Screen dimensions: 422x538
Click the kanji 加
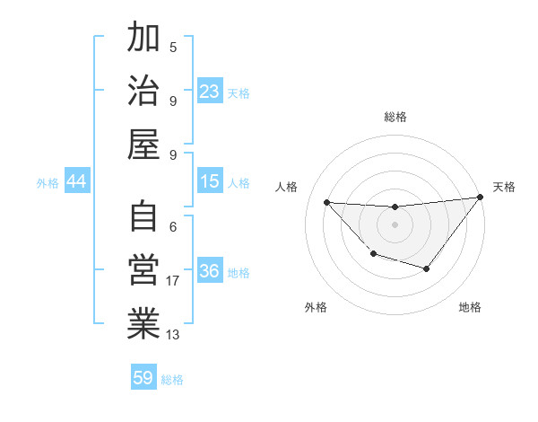point(143,39)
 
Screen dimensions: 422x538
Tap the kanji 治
point(143,91)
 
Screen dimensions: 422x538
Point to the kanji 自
point(143,217)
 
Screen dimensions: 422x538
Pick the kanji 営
point(143,270)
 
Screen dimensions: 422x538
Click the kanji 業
point(143,324)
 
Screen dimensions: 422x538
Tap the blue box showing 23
point(210,92)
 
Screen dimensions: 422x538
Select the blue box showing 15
point(210,181)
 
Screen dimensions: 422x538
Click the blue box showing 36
point(210,271)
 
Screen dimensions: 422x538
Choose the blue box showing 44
point(77,181)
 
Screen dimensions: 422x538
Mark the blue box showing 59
point(143,378)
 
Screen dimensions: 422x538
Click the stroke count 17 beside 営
point(173,281)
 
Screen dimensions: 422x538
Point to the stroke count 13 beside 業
point(173,335)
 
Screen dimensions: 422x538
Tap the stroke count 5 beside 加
point(173,47)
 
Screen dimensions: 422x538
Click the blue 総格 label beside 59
point(172,380)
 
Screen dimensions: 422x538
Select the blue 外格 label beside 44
point(48,183)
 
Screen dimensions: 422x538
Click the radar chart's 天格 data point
point(481,198)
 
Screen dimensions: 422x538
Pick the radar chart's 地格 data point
point(427,268)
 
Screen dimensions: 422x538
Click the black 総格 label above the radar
point(395,117)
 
